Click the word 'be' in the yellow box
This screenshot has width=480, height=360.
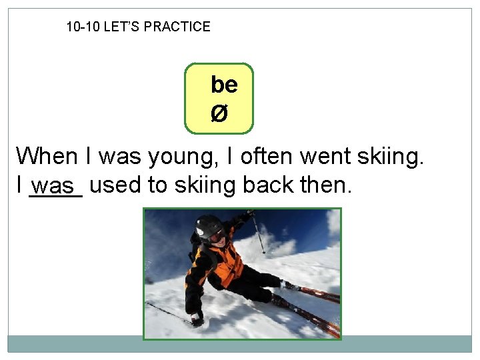coord(224,85)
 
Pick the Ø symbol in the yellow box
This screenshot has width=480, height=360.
coord(219,114)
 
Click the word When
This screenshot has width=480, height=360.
coord(47,157)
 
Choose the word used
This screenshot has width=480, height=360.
coord(114,185)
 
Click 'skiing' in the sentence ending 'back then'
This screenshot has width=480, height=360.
coord(205,185)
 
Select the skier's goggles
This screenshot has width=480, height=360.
coord(216,234)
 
